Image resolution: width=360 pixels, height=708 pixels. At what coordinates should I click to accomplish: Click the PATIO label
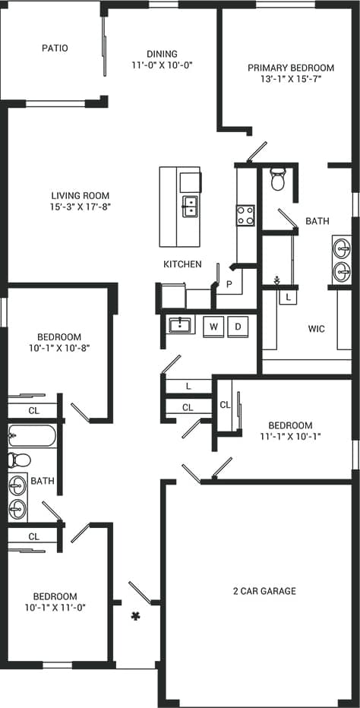click(x=54, y=48)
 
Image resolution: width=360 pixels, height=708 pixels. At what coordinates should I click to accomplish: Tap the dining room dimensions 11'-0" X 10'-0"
click(x=162, y=65)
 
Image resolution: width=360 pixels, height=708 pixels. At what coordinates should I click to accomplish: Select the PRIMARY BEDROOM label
click(x=290, y=68)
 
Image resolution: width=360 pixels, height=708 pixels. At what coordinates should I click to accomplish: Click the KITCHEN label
click(x=182, y=264)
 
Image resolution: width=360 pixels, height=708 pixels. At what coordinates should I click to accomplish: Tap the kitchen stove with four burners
click(x=245, y=216)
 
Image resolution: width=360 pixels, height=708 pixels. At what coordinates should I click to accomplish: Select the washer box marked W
click(x=214, y=326)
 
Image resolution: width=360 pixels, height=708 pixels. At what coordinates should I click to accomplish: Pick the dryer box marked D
click(x=238, y=326)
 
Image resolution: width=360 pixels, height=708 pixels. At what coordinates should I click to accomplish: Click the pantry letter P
click(x=229, y=284)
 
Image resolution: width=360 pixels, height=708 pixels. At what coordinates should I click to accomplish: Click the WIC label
click(x=317, y=329)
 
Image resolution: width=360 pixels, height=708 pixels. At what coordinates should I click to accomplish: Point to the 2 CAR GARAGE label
click(x=264, y=591)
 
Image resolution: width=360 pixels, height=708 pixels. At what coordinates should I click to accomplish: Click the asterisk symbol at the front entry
click(x=136, y=616)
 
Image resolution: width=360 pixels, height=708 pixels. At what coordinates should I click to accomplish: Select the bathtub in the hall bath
click(x=31, y=437)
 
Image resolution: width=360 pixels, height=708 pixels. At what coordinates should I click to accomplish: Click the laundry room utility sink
click(x=180, y=325)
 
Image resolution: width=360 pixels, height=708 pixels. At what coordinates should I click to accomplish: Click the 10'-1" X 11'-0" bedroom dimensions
click(x=55, y=608)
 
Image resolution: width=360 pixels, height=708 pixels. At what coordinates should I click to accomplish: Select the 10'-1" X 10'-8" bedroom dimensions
click(x=59, y=349)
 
